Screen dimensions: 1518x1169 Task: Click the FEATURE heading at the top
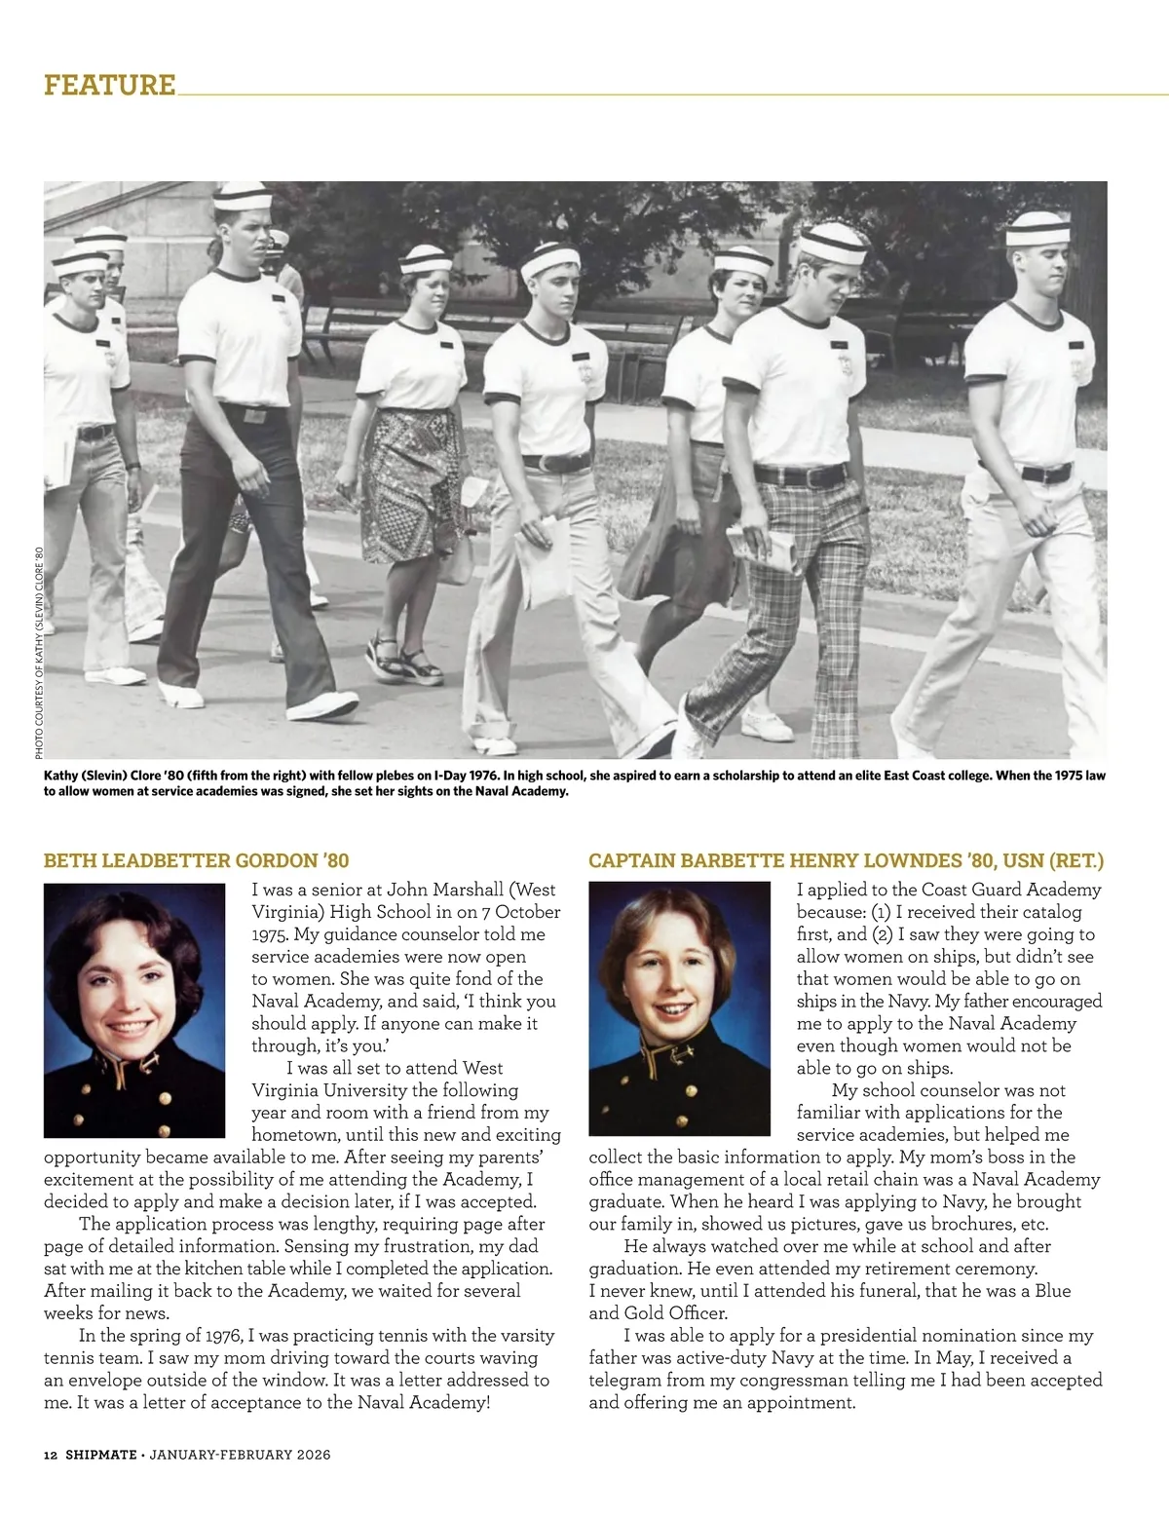110,85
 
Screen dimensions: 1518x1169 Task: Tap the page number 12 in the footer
51,1455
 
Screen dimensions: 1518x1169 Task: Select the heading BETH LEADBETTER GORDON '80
196,860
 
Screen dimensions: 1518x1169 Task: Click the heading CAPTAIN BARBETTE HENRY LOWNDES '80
846,860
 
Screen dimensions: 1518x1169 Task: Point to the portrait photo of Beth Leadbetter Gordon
134,1010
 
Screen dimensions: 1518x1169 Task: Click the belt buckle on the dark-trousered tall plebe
253,416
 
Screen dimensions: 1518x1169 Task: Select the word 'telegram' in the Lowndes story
627,1380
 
